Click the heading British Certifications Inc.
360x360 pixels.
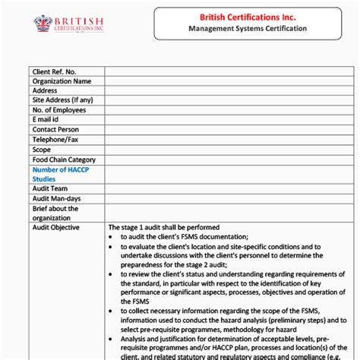(x=248, y=16)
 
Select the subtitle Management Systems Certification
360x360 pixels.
(x=248, y=29)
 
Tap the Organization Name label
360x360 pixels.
(x=62, y=81)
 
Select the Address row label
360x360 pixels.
(x=45, y=90)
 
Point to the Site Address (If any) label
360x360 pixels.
(x=62, y=100)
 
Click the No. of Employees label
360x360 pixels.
(x=60, y=110)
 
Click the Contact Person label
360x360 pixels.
(x=55, y=130)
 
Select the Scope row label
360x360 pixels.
(x=42, y=150)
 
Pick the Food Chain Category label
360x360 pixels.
(x=64, y=159)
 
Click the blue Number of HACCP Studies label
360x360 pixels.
(x=60, y=174)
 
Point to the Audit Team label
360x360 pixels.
(x=50, y=188)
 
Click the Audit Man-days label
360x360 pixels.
(x=57, y=198)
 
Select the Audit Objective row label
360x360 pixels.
(x=55, y=227)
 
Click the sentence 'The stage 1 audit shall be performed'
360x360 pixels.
(x=164, y=227)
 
